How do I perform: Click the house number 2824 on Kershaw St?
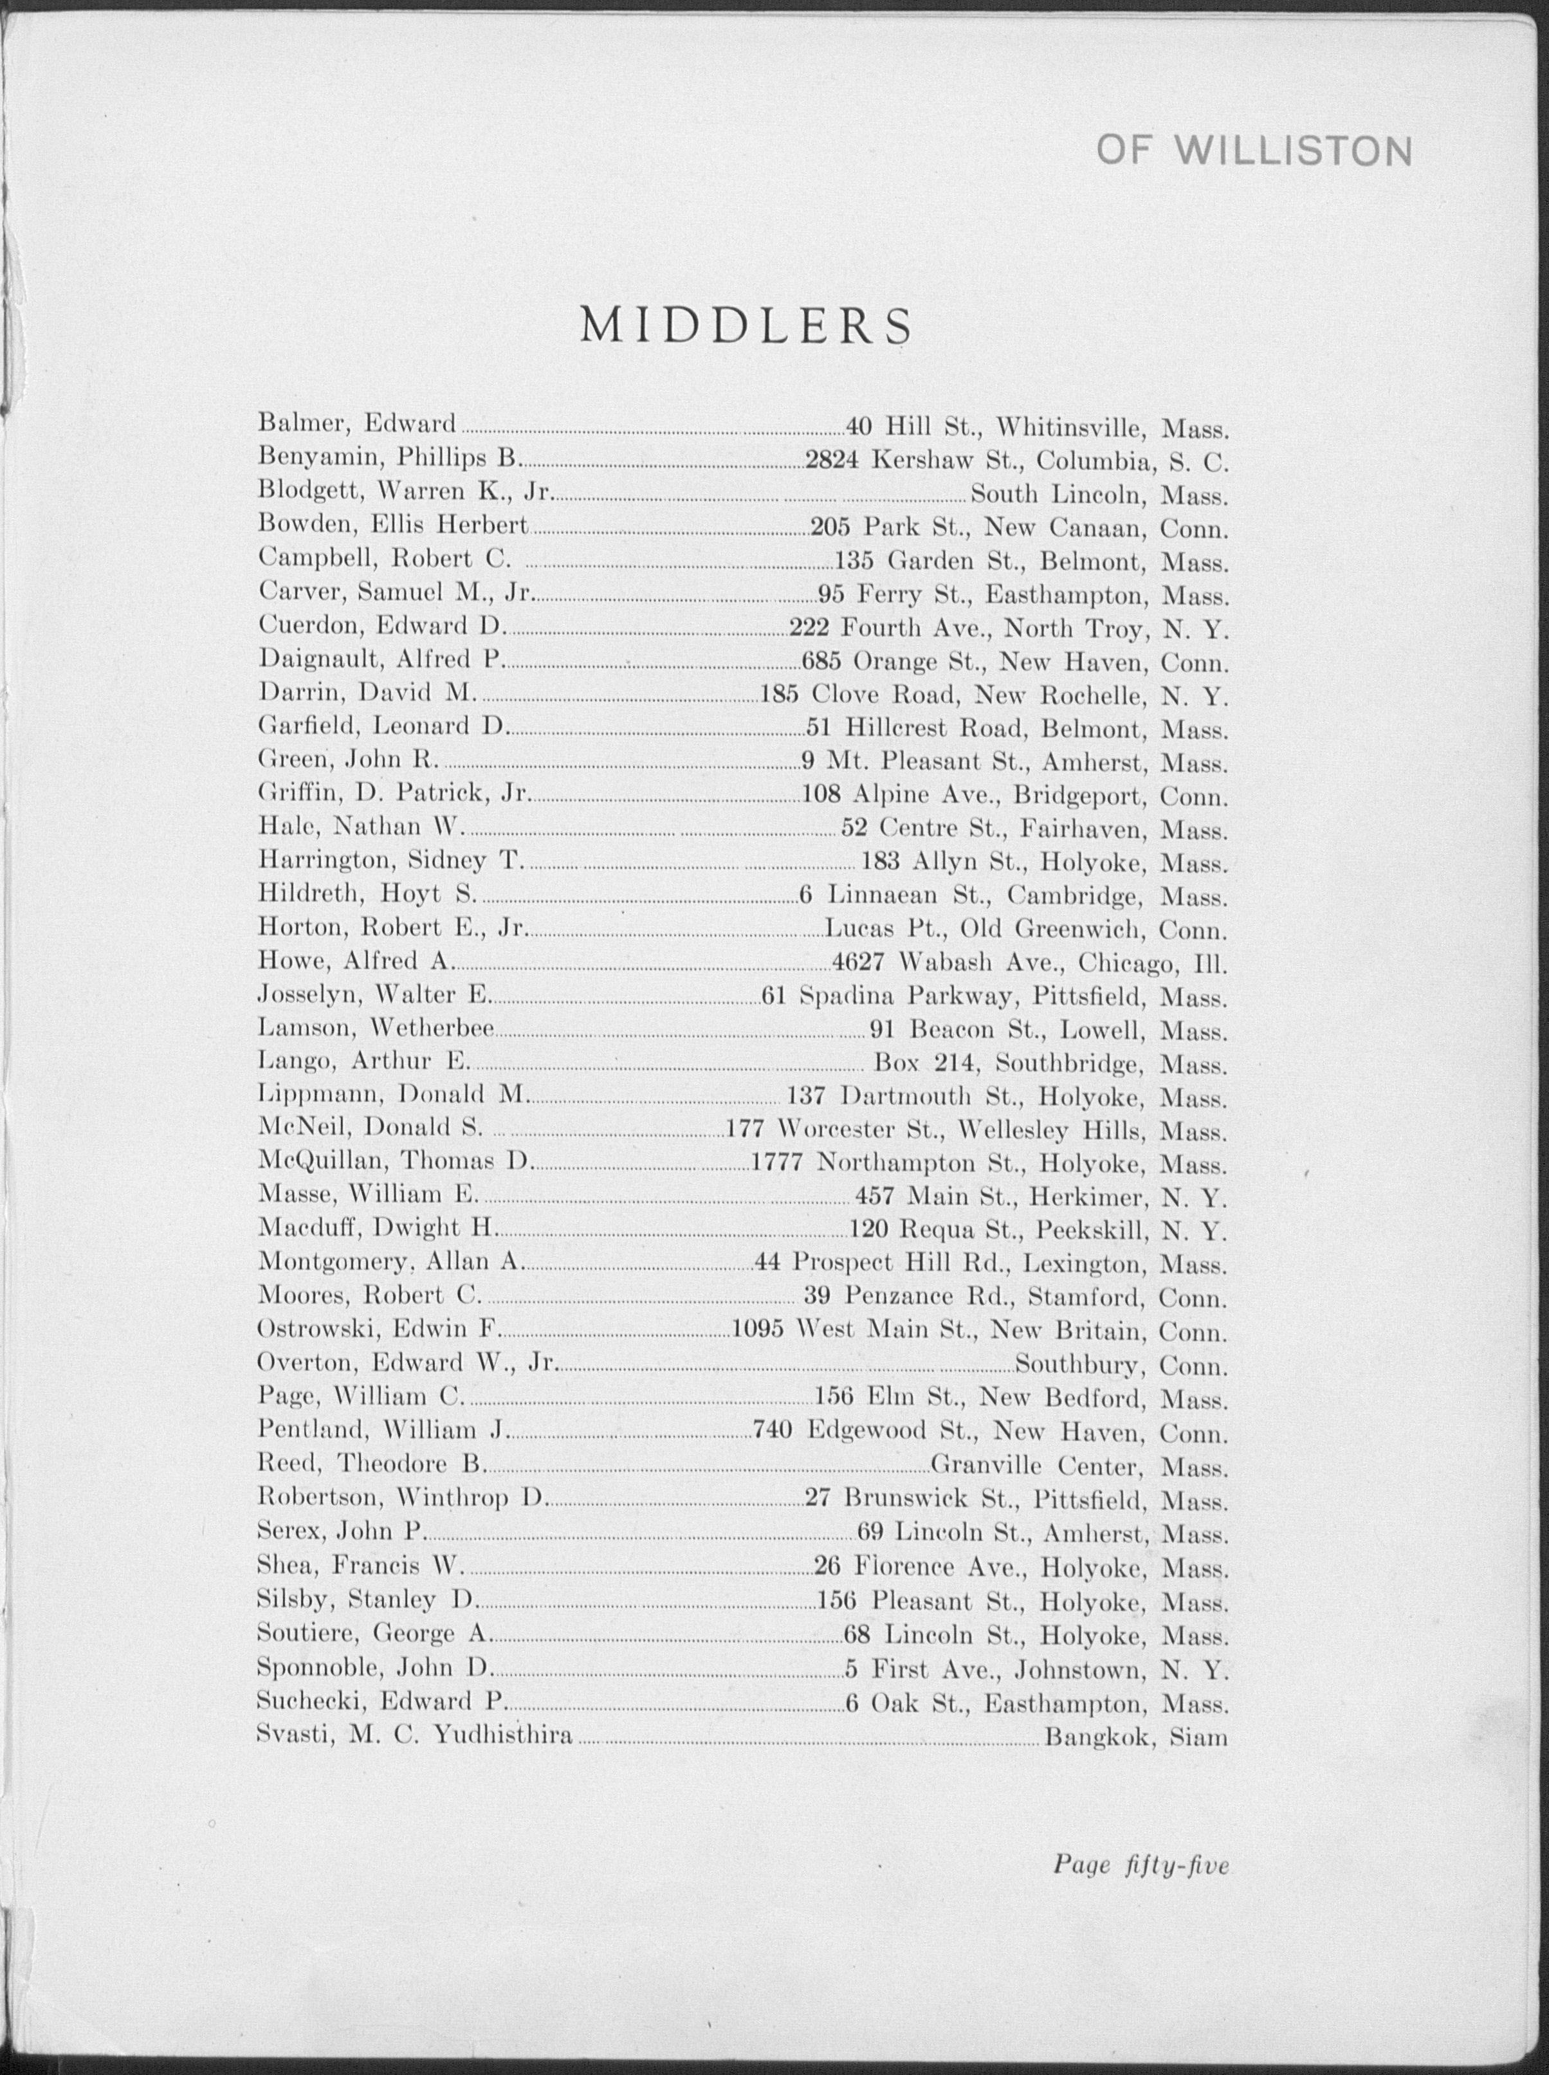832,459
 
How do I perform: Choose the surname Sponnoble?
318,1669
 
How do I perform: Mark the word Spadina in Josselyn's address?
841,997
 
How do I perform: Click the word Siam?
1198,1737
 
